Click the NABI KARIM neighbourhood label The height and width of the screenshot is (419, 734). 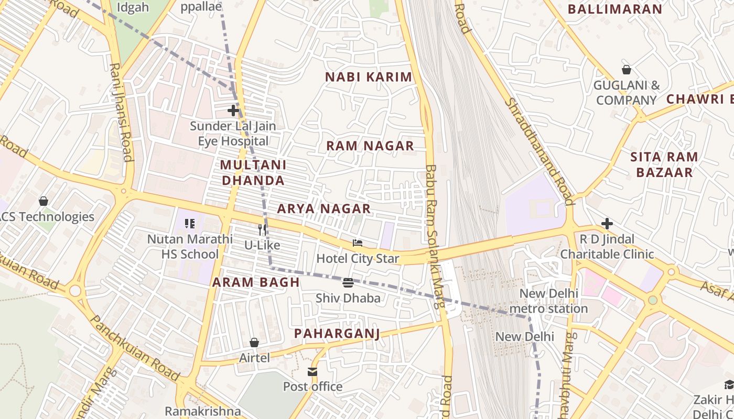(369, 77)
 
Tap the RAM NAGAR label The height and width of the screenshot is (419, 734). (370, 146)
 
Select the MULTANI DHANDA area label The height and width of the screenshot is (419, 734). (253, 173)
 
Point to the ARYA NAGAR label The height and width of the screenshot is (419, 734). (324, 208)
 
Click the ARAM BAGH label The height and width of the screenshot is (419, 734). (256, 282)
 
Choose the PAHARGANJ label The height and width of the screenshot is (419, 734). (337, 334)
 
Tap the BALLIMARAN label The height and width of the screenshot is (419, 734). (615, 9)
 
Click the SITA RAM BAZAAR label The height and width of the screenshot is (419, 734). (664, 164)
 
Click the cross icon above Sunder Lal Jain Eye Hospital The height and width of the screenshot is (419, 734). (233, 111)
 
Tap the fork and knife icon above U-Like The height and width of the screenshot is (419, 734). (262, 229)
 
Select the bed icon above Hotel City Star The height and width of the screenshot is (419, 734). (358, 243)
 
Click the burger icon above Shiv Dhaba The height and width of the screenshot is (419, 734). (348, 283)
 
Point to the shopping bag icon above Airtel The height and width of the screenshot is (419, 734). (254, 343)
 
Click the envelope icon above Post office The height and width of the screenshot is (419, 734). (312, 372)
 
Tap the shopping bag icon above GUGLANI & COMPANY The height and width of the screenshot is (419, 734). (626, 70)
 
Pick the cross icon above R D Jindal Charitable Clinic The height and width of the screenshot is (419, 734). (607, 224)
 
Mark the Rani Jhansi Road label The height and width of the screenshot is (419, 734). (121, 112)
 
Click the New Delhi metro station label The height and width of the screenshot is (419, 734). (548, 301)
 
